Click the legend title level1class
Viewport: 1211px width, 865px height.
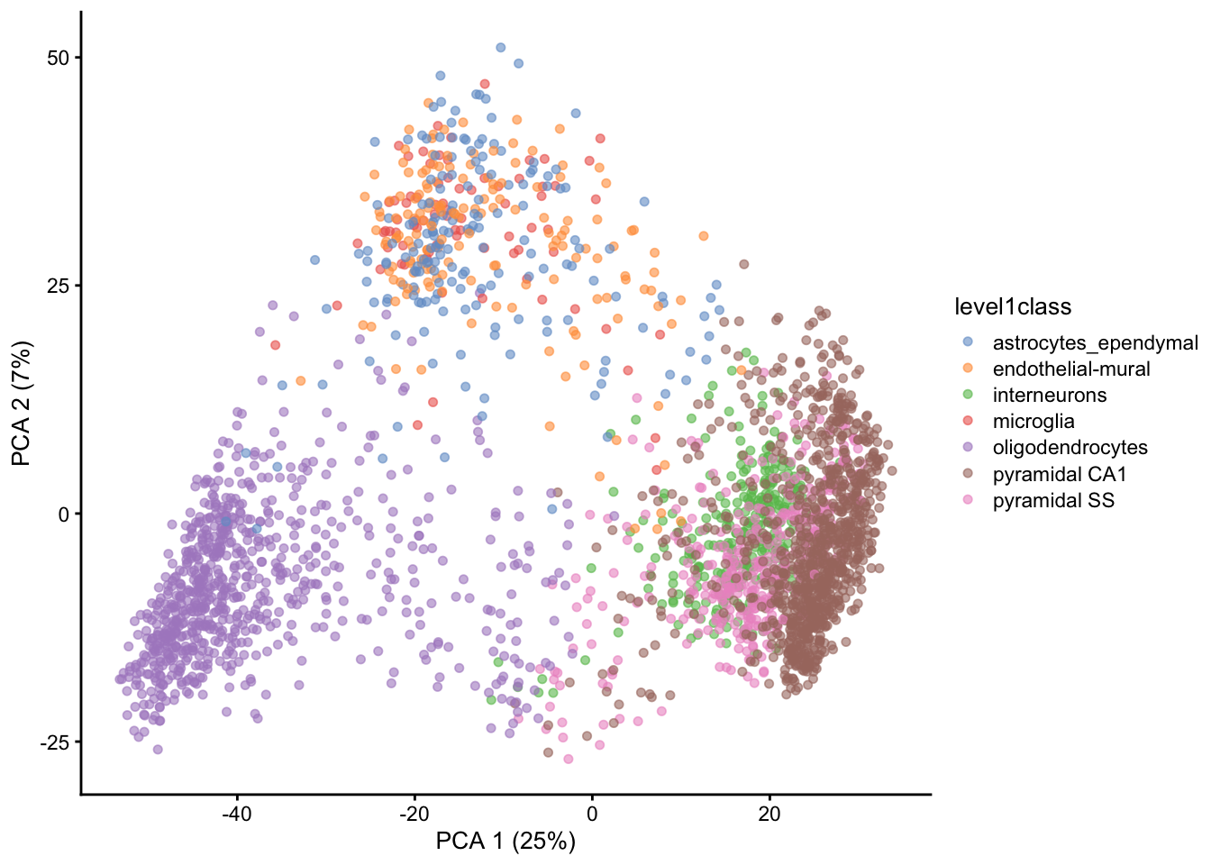point(1013,307)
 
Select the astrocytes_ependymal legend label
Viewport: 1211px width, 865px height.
point(1095,342)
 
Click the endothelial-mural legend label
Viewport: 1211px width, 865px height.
point(1071,369)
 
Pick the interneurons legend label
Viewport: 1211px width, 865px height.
point(1049,395)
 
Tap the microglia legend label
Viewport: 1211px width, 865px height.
point(1033,421)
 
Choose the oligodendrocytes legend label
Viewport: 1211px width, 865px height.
point(1070,448)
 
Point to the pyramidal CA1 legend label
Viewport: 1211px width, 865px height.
point(1060,474)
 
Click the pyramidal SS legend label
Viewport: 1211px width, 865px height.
point(1053,500)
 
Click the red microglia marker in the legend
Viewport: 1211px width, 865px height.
point(968,421)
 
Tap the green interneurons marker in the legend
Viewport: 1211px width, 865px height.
point(968,395)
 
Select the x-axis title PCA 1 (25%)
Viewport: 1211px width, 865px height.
point(505,841)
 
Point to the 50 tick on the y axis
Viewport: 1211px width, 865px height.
point(58,58)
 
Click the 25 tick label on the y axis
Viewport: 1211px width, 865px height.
point(58,286)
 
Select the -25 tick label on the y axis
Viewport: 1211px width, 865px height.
point(54,742)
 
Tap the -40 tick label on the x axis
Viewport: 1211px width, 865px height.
point(237,815)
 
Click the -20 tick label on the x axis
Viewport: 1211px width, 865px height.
point(414,815)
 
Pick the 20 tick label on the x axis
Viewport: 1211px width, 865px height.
point(769,815)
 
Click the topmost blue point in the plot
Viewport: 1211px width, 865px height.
point(501,48)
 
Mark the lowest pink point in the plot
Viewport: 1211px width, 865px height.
point(569,759)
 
